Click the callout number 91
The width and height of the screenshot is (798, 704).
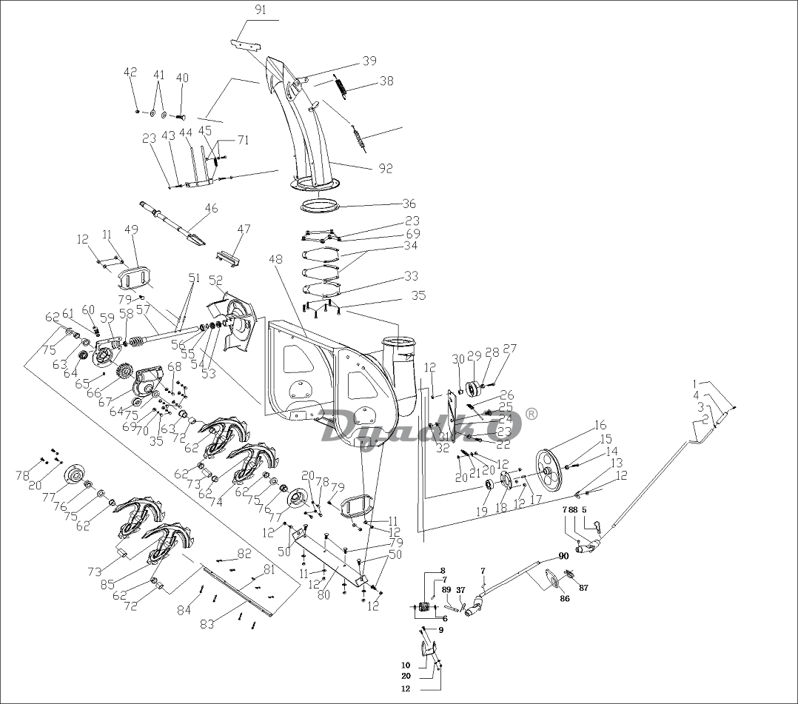tap(261, 10)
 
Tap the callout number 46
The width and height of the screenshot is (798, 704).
tap(212, 209)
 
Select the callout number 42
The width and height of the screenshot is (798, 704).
tap(130, 72)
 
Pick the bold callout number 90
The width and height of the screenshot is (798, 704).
tap(563, 556)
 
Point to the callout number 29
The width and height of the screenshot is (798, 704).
tap(474, 357)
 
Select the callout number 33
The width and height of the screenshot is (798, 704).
tap(410, 276)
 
